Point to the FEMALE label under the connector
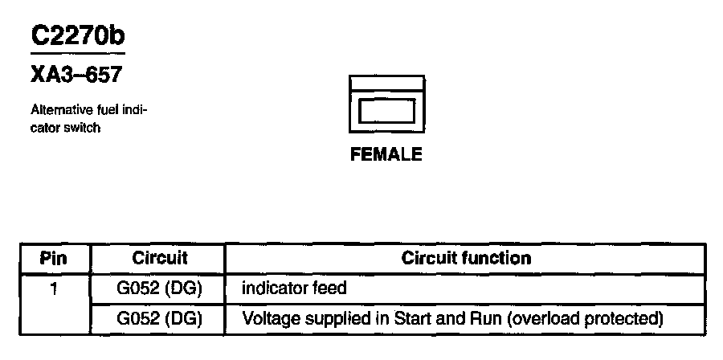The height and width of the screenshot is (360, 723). (x=386, y=155)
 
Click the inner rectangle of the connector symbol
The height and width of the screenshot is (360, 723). (x=386, y=110)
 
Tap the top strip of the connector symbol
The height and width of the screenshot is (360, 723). (x=386, y=84)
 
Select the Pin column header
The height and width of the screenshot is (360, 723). (x=54, y=259)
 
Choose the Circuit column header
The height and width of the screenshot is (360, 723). (x=159, y=258)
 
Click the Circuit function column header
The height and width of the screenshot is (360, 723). (x=466, y=258)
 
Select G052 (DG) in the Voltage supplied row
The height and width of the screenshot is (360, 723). (x=159, y=318)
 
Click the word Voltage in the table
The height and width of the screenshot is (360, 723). (x=270, y=318)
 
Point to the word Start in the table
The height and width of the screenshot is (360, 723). (x=411, y=318)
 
